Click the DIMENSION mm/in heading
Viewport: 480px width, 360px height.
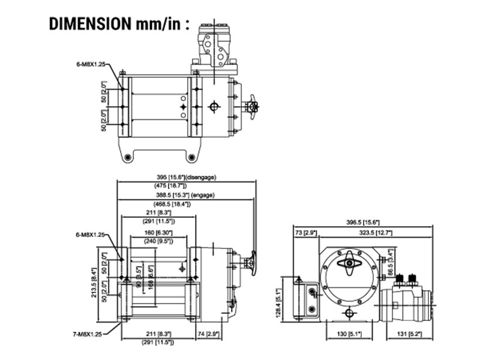click(x=119, y=23)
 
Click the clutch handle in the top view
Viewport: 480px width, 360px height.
click(x=253, y=106)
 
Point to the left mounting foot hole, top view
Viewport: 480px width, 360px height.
click(x=128, y=157)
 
